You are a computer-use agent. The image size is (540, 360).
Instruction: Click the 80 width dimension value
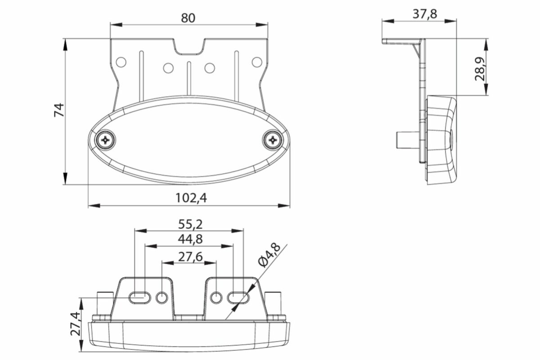pos(188,18)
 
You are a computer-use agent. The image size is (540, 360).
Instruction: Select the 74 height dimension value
pos(59,110)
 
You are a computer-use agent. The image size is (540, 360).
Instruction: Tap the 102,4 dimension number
pos(191,198)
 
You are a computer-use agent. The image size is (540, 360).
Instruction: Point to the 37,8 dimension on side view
pos(425,14)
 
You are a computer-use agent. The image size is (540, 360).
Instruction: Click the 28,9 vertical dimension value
pos(480,69)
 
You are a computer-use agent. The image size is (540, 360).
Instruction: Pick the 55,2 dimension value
pos(190,224)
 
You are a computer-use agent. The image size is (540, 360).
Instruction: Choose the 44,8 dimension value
pos(190,239)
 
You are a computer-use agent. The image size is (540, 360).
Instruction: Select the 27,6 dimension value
pos(190,257)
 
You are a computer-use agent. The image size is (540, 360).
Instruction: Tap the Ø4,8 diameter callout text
pos(269,256)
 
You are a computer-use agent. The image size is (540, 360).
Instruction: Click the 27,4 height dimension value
pos(75,324)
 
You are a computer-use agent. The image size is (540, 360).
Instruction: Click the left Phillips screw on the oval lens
pos(105,140)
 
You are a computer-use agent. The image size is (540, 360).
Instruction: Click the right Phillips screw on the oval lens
pos(273,140)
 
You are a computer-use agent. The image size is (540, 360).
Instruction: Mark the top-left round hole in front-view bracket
pos(121,62)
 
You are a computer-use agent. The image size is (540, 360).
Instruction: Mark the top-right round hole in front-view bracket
pos(257,62)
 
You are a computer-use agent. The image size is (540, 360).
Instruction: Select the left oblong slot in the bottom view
pos(139,298)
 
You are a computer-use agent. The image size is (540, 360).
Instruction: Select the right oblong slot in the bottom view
pos(238,298)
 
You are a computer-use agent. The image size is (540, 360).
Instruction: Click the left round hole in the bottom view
pos(162,298)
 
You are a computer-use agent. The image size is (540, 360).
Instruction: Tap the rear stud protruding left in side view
pos(408,140)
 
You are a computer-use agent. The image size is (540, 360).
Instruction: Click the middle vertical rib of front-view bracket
pos(189,78)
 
